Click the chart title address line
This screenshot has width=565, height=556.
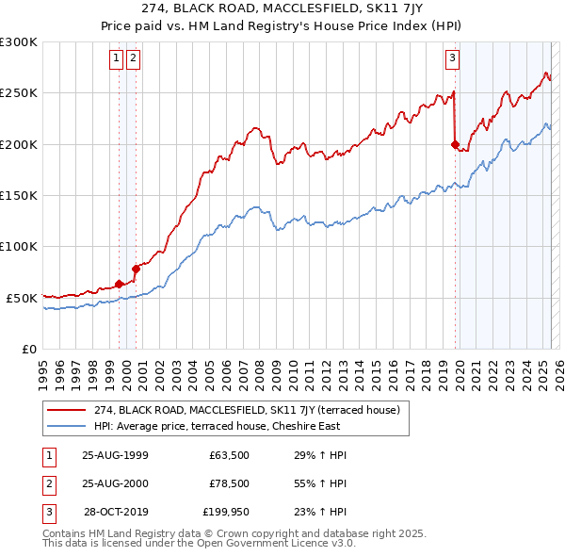(282, 8)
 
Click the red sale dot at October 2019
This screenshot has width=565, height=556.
(455, 145)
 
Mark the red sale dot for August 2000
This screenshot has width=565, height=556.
(136, 269)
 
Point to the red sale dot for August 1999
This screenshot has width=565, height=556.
(120, 284)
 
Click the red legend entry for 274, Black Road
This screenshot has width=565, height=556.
(247, 410)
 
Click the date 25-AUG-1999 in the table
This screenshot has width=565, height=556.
(115, 455)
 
